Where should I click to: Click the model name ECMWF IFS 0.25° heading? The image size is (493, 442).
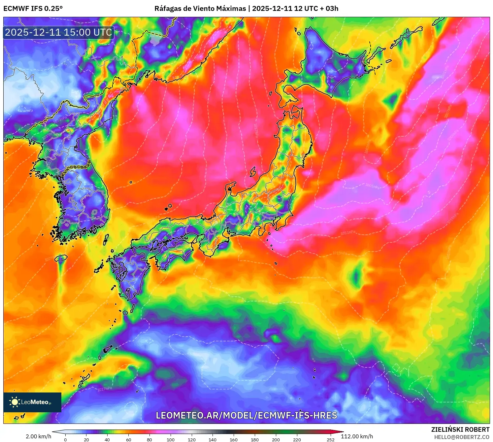pos(33,9)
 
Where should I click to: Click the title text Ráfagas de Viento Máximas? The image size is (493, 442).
pos(200,9)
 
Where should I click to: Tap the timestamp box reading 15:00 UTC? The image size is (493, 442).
pos(59,32)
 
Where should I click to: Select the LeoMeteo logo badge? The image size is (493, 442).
pos(32,402)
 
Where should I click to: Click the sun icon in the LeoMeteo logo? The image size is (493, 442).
pos(15,402)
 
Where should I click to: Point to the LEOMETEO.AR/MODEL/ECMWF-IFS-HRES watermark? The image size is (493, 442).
pos(246,415)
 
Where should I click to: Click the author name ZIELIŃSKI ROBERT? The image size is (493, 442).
pos(460,429)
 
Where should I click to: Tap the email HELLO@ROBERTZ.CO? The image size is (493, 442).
pos(461,437)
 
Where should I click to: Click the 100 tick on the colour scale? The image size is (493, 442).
pos(170,439)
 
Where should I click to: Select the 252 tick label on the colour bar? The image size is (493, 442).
pos(330,439)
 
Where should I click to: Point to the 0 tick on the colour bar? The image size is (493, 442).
pos(65,439)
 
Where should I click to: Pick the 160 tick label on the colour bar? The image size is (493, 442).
pos(234,439)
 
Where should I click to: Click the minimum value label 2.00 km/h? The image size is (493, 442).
pos(38,436)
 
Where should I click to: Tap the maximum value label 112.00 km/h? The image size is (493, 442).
pos(357,436)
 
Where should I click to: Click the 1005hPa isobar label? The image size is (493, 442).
pos(372,186)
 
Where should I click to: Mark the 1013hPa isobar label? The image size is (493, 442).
pos(340,254)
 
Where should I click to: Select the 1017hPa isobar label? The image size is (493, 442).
pos(105,389)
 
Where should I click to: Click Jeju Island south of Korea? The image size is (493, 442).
pos(61,258)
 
